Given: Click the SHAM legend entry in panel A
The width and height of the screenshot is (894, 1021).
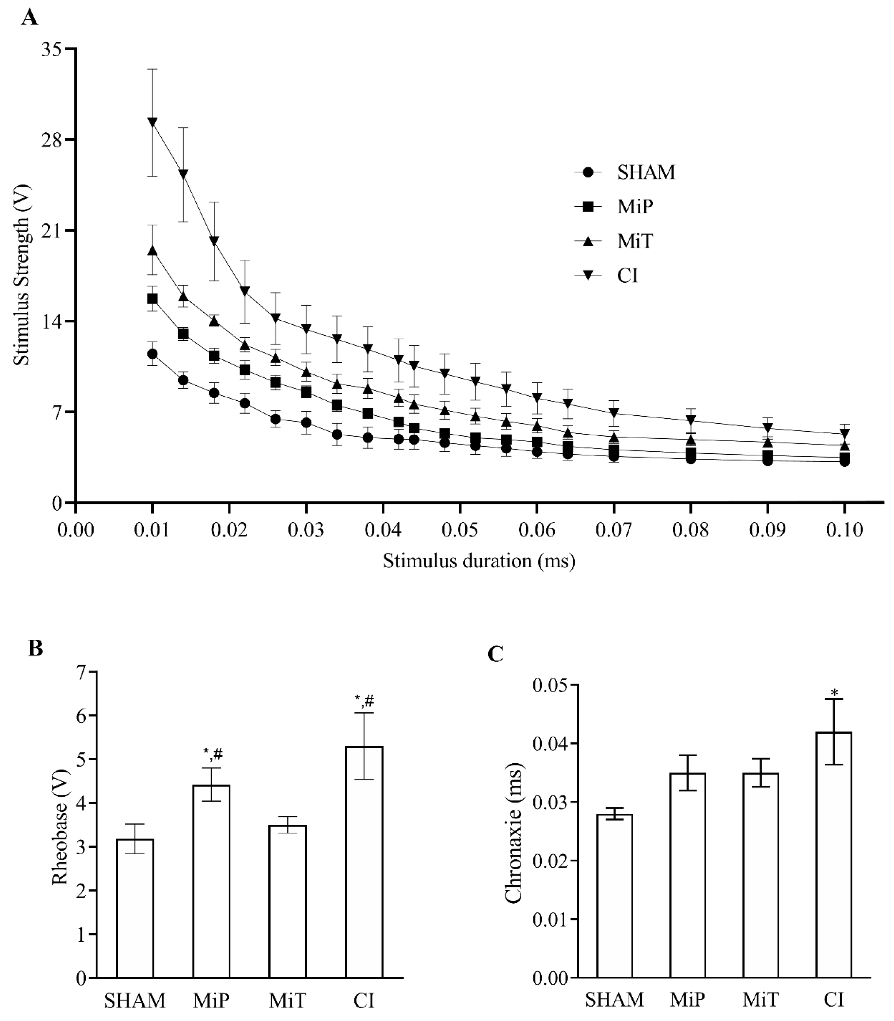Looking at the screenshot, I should pos(646,172).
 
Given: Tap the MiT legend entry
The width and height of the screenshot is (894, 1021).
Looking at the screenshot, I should pos(635,241).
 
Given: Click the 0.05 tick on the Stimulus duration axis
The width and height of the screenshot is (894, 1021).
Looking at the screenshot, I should pos(459,530).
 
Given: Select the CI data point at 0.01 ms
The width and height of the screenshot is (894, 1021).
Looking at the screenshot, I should pos(153,122).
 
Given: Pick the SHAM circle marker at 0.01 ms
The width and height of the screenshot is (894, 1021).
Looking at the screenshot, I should pos(153,354).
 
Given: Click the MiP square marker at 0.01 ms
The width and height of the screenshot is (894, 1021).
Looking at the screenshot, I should pos(153,298).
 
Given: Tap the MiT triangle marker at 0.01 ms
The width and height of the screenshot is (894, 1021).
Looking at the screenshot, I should pos(153,251).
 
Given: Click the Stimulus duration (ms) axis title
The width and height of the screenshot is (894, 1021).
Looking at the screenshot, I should pos(479,561).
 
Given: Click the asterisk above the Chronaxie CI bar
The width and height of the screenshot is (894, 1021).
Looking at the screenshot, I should pos(834,693).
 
